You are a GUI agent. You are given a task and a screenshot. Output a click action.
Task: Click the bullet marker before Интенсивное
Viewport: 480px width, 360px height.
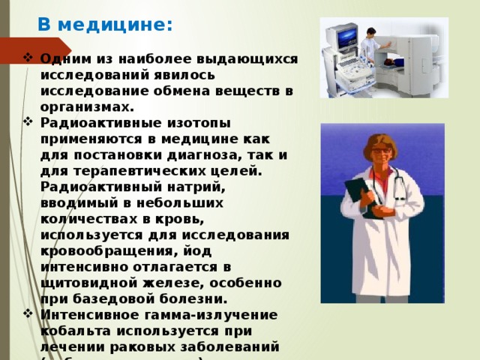point(28,313)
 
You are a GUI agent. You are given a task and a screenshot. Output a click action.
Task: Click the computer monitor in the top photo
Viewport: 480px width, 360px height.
point(345,37)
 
